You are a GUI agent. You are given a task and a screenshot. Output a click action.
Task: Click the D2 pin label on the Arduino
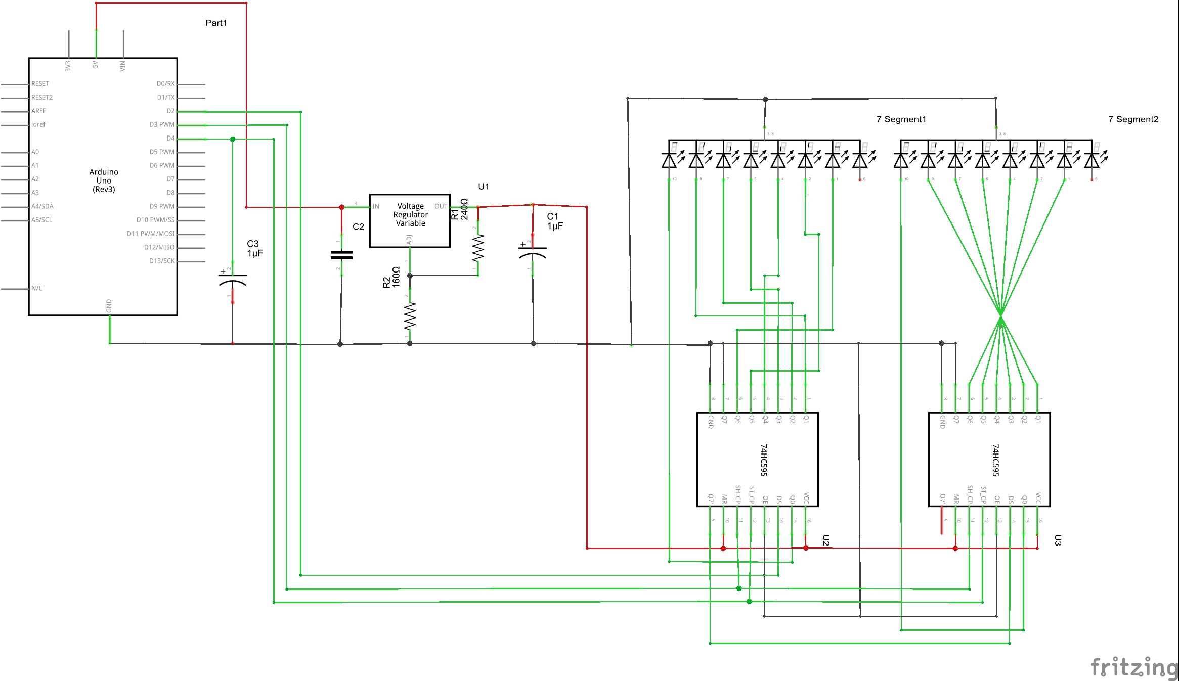(x=170, y=111)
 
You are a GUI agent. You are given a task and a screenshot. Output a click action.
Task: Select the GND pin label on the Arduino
(x=109, y=305)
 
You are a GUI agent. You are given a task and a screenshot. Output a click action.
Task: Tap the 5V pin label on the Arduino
(x=95, y=65)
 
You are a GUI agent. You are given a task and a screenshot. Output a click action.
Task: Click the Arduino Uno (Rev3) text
(x=104, y=180)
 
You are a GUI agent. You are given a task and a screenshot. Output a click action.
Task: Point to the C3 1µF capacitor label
(x=255, y=249)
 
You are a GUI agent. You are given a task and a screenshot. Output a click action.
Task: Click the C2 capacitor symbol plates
(x=341, y=255)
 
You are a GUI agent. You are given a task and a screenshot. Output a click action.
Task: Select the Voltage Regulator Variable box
(x=410, y=220)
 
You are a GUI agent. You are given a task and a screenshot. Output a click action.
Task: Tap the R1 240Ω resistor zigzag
(x=478, y=248)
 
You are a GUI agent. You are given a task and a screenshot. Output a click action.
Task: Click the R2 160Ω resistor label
(x=391, y=277)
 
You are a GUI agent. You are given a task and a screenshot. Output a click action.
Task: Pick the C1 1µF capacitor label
(x=555, y=221)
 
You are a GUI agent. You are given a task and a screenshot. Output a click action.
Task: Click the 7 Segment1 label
(x=901, y=119)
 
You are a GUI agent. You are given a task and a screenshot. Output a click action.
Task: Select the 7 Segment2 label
(x=1133, y=119)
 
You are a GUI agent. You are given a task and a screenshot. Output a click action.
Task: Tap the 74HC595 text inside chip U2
(x=764, y=460)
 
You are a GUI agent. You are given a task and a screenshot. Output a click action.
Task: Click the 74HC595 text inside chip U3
(x=995, y=460)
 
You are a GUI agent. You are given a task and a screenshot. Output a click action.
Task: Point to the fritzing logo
(x=1134, y=667)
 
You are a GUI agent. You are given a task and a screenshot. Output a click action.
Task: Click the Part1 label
(x=216, y=23)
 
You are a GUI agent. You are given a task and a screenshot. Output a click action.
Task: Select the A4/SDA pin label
(x=42, y=206)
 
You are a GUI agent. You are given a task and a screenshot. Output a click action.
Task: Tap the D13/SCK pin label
(x=161, y=261)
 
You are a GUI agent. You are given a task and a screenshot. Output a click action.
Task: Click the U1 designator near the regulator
(x=484, y=187)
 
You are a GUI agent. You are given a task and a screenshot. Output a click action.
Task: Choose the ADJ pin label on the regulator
(x=409, y=240)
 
